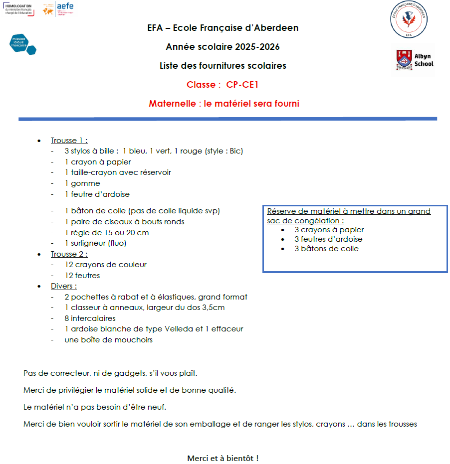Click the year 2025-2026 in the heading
click(255, 47)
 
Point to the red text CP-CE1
click(242, 85)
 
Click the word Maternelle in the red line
click(171, 104)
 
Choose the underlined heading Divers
click(63, 286)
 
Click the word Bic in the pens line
click(235, 151)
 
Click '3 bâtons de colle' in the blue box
click(326, 249)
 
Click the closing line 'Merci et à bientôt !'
click(223, 458)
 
